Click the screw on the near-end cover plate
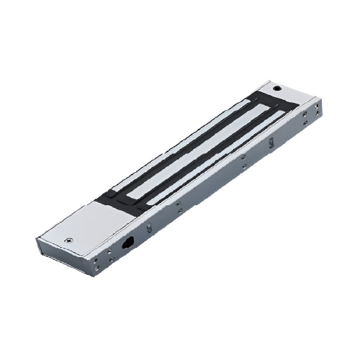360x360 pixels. tap(68, 241)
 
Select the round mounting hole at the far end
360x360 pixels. tap(276, 88)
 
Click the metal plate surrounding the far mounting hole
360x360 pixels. tap(288, 94)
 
